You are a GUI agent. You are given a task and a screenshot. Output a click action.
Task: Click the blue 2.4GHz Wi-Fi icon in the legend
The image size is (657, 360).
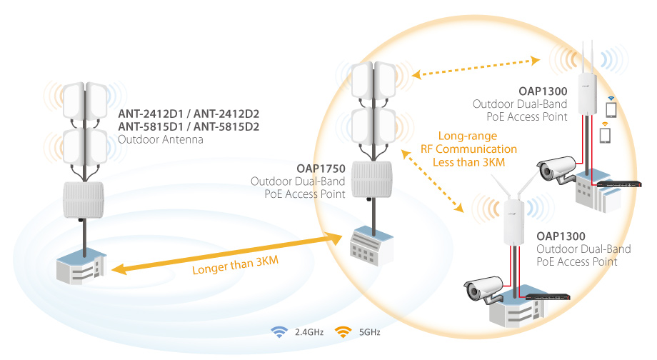pyautogui.click(x=279, y=332)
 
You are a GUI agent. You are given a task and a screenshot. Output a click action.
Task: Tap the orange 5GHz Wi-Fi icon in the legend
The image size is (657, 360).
pyautogui.click(x=343, y=332)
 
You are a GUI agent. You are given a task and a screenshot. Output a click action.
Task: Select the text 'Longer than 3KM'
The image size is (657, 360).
pyautogui.click(x=235, y=265)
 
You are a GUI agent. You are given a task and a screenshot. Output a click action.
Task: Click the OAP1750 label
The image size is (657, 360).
pyautogui.click(x=321, y=169)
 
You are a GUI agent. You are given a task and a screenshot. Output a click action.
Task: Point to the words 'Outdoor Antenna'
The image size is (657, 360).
pyautogui.click(x=161, y=139)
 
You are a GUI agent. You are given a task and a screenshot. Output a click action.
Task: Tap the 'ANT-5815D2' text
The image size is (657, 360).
pyautogui.click(x=226, y=126)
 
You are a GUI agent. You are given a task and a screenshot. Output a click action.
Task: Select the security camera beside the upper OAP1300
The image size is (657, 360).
pyautogui.click(x=556, y=169)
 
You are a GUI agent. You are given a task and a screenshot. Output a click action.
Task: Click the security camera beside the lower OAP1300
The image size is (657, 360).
pyautogui.click(x=483, y=289)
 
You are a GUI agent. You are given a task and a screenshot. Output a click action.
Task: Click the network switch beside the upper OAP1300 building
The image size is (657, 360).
pyautogui.click(x=619, y=184)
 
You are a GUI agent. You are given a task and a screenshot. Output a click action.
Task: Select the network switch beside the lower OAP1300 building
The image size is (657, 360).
pyautogui.click(x=548, y=296)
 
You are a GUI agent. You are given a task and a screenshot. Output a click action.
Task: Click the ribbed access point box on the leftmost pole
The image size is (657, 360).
pyautogui.click(x=84, y=200)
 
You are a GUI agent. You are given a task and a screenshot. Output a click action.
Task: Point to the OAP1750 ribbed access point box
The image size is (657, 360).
pyautogui.click(x=372, y=179)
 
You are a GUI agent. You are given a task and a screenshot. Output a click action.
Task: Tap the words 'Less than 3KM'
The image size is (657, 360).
pyautogui.click(x=469, y=162)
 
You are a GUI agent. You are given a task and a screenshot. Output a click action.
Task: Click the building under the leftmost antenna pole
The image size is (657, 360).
pyautogui.click(x=81, y=267)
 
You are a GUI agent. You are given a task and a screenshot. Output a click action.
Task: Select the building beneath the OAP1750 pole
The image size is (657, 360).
pyautogui.click(x=371, y=246)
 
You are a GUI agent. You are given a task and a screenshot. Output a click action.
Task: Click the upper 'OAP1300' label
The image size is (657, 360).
pyautogui.click(x=543, y=91)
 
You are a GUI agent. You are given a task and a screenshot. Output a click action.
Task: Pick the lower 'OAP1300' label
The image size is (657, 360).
pyautogui.click(x=561, y=236)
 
